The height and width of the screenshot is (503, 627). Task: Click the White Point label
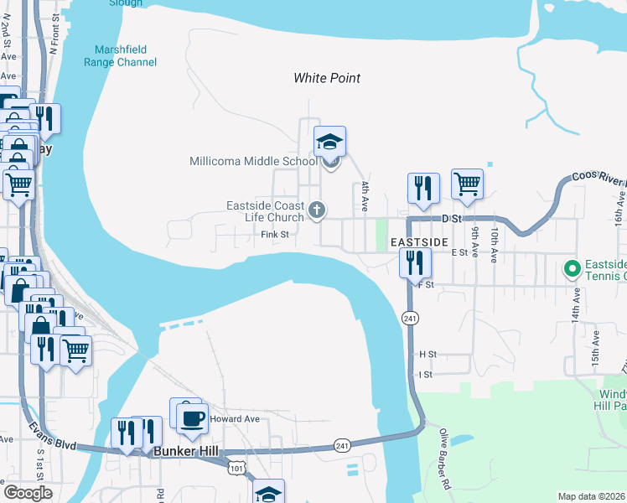(327, 78)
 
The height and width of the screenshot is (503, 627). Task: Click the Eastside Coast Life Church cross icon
(317, 210)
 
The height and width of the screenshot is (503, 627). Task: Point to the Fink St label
(274, 235)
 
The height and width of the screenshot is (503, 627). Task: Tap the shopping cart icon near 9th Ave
(467, 184)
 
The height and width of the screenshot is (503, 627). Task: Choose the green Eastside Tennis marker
(573, 269)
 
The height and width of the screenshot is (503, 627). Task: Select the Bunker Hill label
(187, 452)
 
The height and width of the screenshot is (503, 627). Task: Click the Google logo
(28, 493)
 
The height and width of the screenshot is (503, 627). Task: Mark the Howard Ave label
(235, 418)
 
